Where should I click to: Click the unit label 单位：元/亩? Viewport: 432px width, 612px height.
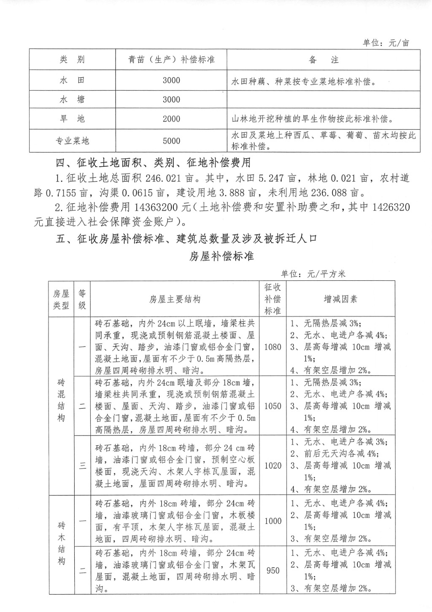(x=386, y=43)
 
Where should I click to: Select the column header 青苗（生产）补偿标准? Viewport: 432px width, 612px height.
(x=171, y=60)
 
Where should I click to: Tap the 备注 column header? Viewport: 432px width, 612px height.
(x=324, y=60)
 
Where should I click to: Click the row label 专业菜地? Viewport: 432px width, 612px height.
(x=73, y=141)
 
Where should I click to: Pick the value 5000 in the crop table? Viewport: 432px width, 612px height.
(x=171, y=141)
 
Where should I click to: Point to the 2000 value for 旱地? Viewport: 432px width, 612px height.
(x=171, y=119)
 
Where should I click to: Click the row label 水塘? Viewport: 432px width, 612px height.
(x=73, y=100)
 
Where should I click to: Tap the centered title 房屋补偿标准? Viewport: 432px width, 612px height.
(x=221, y=256)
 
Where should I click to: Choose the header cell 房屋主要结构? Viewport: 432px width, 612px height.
(x=175, y=299)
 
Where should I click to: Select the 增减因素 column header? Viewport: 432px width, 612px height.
(x=340, y=299)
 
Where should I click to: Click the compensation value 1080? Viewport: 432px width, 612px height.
(x=273, y=347)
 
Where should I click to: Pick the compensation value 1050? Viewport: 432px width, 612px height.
(x=273, y=406)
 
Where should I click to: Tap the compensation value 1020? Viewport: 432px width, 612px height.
(x=273, y=465)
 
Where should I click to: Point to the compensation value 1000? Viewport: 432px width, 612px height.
(x=273, y=521)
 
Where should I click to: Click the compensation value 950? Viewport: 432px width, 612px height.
(x=273, y=571)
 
